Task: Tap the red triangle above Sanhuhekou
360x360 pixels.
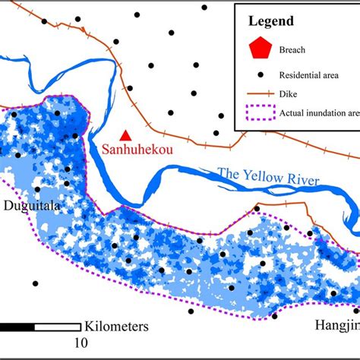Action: [x=125, y=134]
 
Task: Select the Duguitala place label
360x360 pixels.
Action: [x=30, y=206]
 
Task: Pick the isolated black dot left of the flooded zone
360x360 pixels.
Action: [x=35, y=283]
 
